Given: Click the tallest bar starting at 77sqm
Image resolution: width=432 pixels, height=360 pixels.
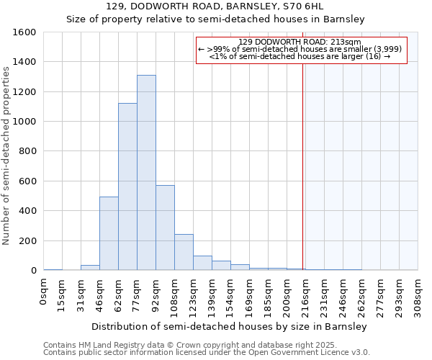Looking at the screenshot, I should click(146, 173).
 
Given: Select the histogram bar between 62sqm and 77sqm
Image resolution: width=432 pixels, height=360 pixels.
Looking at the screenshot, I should click(127, 186).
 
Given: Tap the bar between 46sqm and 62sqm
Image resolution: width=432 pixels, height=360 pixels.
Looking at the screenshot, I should click(109, 233).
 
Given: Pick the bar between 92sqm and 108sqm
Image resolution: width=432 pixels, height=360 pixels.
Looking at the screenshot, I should click(165, 228).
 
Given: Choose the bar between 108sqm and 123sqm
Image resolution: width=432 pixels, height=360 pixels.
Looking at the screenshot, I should click(184, 252).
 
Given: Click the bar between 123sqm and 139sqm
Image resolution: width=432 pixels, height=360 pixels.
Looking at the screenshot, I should click(202, 263).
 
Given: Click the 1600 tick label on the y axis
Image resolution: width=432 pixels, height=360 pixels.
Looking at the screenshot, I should click(24, 32).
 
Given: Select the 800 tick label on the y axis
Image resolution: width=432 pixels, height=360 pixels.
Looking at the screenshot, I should click(27, 152).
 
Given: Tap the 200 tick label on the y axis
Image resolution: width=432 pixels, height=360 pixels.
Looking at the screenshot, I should click(27, 241).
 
